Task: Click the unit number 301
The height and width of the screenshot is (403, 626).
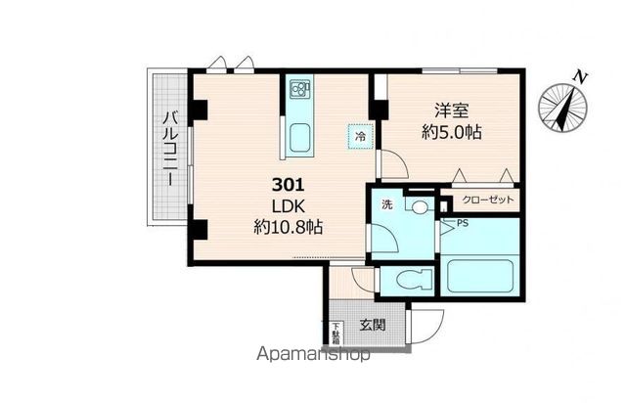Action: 288,183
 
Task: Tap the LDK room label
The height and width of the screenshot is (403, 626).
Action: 288,205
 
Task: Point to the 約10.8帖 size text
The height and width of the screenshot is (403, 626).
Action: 289,227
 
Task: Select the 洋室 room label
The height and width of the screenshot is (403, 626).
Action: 449,110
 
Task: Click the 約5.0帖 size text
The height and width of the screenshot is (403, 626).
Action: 450,131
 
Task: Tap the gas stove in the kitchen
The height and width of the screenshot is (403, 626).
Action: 298,95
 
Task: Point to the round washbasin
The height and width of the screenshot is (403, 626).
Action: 420,207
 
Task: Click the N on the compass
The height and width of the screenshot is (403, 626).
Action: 580,77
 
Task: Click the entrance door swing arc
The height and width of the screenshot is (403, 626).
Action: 427,323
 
